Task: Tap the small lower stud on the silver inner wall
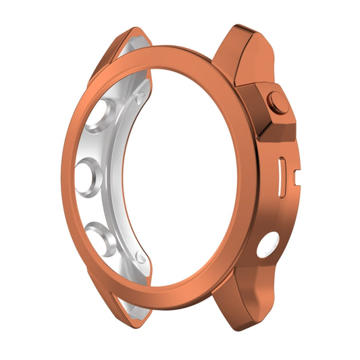pyautogui.click(x=140, y=257)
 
